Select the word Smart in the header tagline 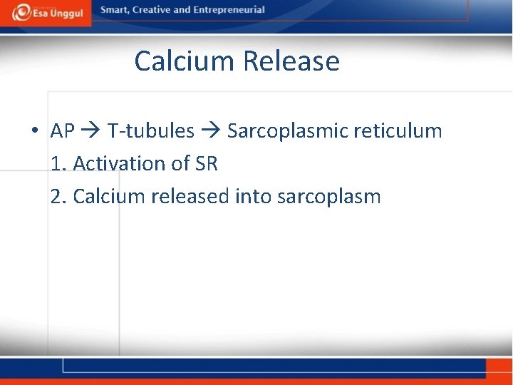pyautogui.click(x=115, y=10)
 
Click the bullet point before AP pyautogui.click(x=34, y=132)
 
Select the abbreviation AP pyautogui.click(x=63, y=131)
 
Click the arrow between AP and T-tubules pyautogui.click(x=91, y=132)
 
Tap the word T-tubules pyautogui.click(x=151, y=131)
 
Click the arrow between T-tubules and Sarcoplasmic pyautogui.click(x=211, y=132)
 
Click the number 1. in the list pyautogui.click(x=59, y=164)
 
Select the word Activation pyautogui.click(x=120, y=164)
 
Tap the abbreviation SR pyautogui.click(x=206, y=164)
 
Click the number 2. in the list pyautogui.click(x=59, y=196)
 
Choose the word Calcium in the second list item pyautogui.click(x=110, y=196)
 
